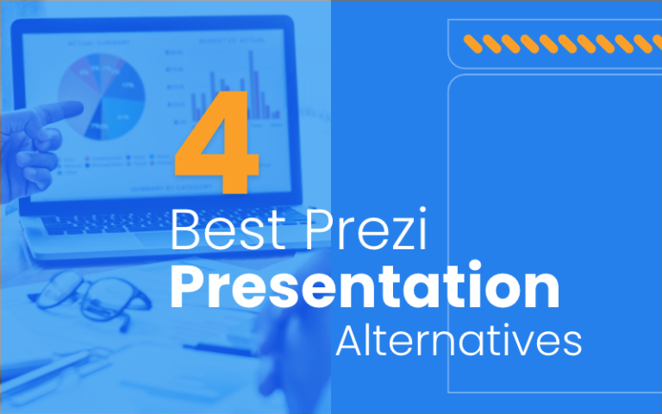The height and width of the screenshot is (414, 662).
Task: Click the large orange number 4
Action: [216, 141]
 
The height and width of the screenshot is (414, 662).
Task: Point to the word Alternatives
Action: [458, 340]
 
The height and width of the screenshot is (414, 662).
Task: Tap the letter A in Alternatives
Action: [349, 340]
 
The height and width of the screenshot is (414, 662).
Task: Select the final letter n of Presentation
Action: [540, 291]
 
